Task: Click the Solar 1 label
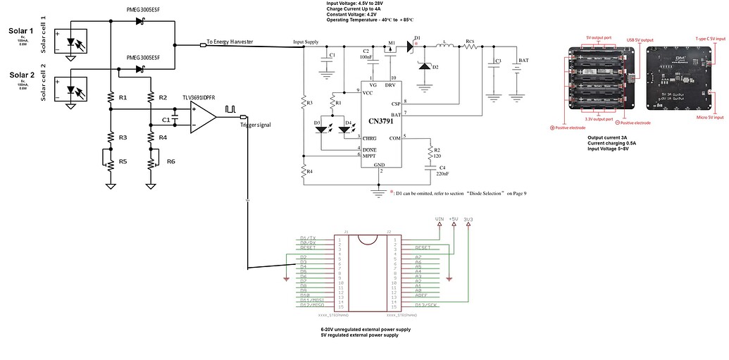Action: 20,31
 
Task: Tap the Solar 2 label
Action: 20,75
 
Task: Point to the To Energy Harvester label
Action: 230,42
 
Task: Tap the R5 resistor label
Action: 123,162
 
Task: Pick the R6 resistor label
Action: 171,162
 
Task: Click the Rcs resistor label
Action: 470,42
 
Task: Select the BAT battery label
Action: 523,61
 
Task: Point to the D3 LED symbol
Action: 323,129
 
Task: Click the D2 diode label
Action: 435,68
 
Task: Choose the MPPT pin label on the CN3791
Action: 369,156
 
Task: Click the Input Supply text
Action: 306,42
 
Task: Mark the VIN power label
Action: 440,219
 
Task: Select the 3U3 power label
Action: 468,219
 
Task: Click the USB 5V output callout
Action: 640,40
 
